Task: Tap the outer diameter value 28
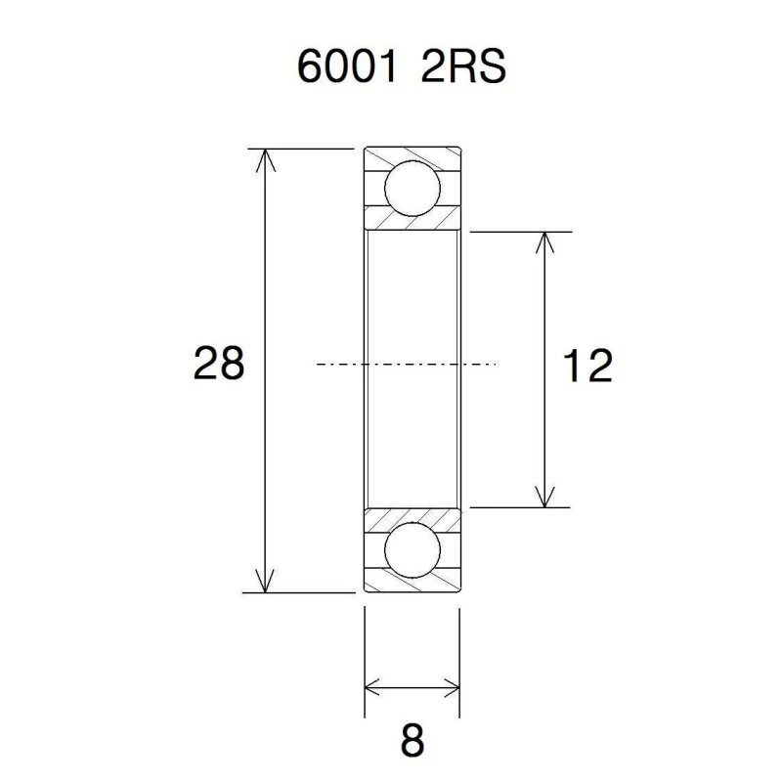pyautogui.click(x=218, y=365)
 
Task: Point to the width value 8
pyautogui.click(x=413, y=740)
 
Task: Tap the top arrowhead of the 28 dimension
pyautogui.click(x=262, y=158)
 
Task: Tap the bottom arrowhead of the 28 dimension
pyautogui.click(x=262, y=583)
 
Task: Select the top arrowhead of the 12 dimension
pyautogui.click(x=544, y=242)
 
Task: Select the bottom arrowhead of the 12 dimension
pyautogui.click(x=544, y=498)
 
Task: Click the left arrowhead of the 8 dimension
pyautogui.click(x=373, y=685)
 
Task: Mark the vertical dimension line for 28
pyautogui.click(x=262, y=293)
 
